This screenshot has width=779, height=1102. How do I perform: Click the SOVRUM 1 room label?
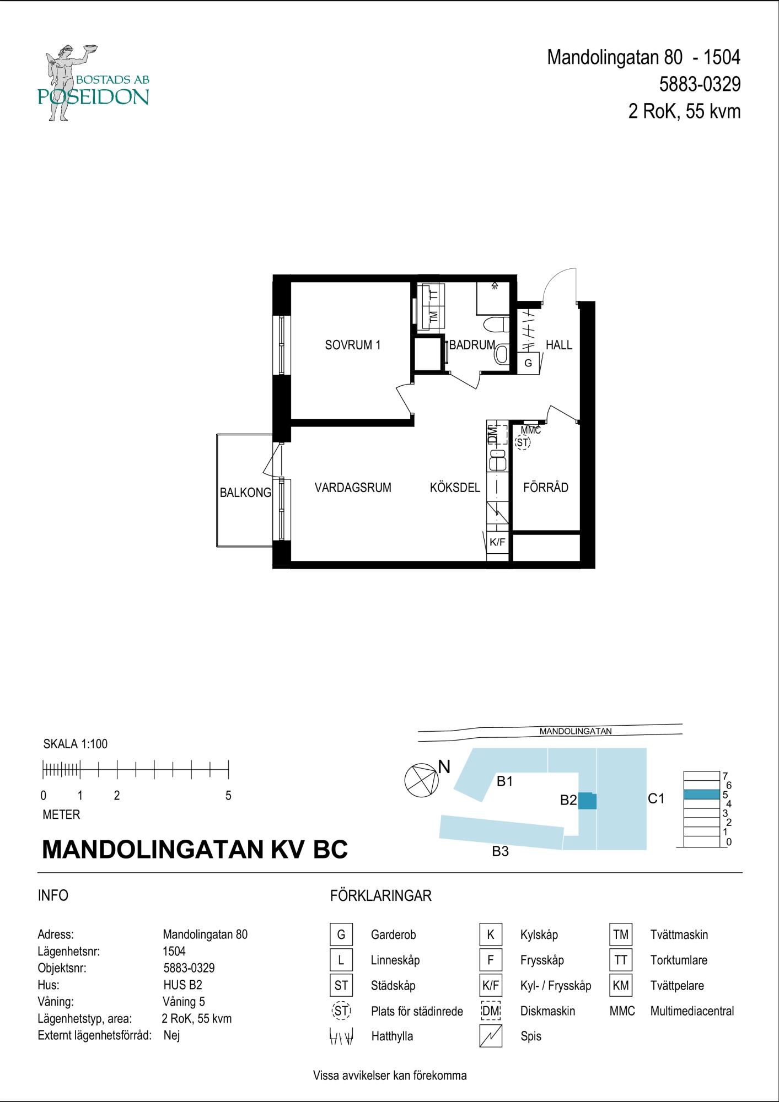click(353, 345)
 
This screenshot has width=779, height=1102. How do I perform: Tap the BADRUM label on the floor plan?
click(472, 345)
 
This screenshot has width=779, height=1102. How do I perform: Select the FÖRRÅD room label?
click(546, 487)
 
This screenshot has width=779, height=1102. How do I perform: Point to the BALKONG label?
click(245, 493)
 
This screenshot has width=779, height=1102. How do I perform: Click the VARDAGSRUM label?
click(353, 487)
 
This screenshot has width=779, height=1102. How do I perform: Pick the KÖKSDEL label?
click(455, 487)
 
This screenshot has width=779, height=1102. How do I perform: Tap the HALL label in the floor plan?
click(559, 345)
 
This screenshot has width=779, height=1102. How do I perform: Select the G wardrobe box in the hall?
click(528, 363)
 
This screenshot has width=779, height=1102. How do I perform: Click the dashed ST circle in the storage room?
click(522, 442)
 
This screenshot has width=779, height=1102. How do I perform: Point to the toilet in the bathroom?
click(496, 325)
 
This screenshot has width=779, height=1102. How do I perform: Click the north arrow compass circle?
click(422, 781)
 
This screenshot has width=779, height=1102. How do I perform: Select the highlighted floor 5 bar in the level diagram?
click(702, 795)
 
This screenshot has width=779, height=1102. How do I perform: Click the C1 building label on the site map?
click(656, 798)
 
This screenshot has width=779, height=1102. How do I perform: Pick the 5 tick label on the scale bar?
click(228, 796)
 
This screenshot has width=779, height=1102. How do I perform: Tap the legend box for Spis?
click(491, 1036)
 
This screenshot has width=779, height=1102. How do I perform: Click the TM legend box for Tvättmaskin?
click(621, 934)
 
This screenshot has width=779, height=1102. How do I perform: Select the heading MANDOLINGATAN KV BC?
click(195, 849)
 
